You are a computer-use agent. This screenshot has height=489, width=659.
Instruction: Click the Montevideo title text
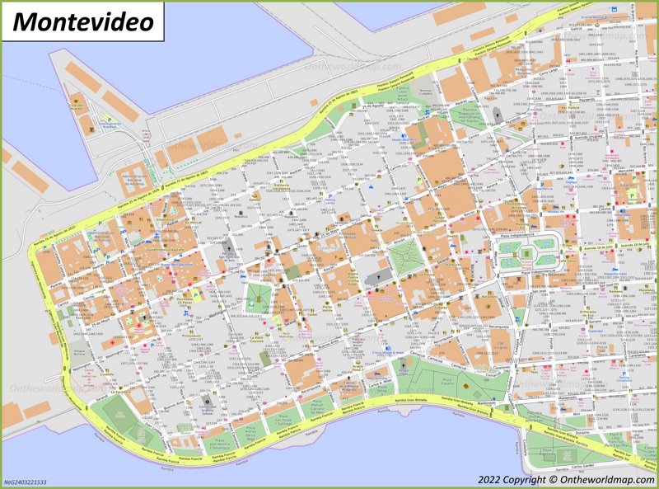pyautogui.click(x=83, y=21)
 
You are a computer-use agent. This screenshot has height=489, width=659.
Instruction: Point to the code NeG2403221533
pyautogui.click(x=26, y=482)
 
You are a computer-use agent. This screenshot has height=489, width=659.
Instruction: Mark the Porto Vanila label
pyautogui.click(x=327, y=308)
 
